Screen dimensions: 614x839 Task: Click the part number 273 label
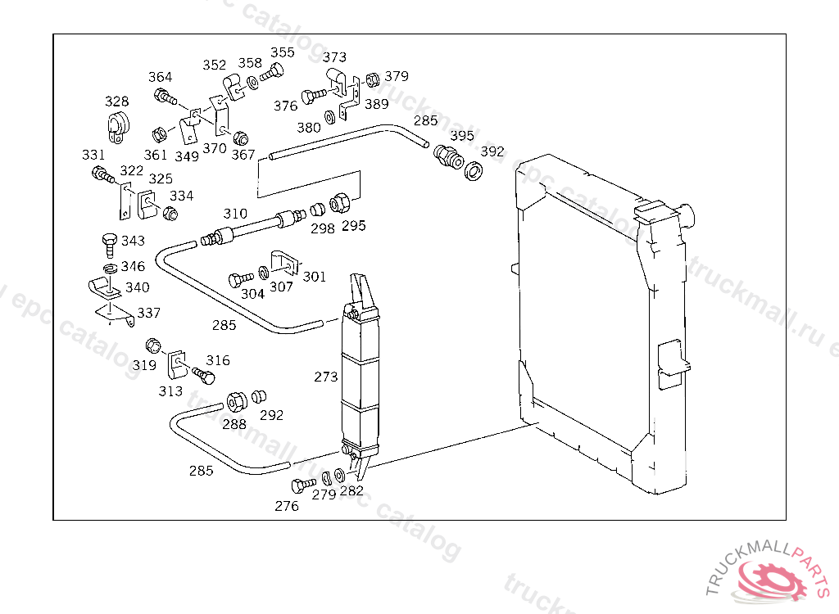(x=325, y=377)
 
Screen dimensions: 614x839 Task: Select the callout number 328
(x=116, y=102)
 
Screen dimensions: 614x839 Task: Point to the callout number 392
(x=492, y=152)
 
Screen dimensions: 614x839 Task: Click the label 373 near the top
(x=334, y=57)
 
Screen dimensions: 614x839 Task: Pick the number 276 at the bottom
(x=287, y=506)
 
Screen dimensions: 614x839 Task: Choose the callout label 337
(x=149, y=313)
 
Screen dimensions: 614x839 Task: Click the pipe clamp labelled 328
(x=117, y=126)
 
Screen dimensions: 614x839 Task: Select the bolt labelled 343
(x=107, y=242)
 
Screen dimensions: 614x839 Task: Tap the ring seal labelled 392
(x=474, y=172)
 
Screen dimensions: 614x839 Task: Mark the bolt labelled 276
(x=302, y=485)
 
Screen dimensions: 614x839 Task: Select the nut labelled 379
(x=371, y=79)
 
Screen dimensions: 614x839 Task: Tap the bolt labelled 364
(x=165, y=99)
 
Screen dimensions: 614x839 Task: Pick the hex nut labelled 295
(x=341, y=202)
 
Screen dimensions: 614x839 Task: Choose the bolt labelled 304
(x=239, y=279)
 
